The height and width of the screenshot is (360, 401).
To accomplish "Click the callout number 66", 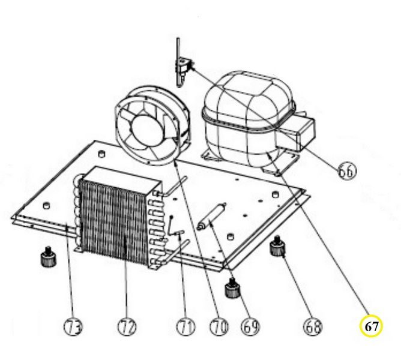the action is [x=347, y=171].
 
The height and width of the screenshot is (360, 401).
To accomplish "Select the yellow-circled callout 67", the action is [x=372, y=326].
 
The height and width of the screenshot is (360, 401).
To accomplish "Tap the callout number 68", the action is [x=313, y=326].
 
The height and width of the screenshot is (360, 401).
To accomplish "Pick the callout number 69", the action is [x=250, y=326].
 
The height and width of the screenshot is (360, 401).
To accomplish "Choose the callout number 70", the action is [x=219, y=326].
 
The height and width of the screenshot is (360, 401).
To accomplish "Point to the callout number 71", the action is [x=185, y=326].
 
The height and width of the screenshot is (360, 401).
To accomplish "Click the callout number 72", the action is [x=127, y=326].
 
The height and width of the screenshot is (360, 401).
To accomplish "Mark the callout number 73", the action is [x=73, y=326].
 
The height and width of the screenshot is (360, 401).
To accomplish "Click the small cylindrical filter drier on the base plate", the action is [x=211, y=216].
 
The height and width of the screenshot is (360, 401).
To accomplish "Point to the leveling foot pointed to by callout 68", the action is [x=277, y=246].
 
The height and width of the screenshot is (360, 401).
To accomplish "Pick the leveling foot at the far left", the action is [x=47, y=256].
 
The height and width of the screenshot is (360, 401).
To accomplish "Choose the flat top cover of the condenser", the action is [x=122, y=178].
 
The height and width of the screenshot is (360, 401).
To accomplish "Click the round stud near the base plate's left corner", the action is [x=46, y=205].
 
